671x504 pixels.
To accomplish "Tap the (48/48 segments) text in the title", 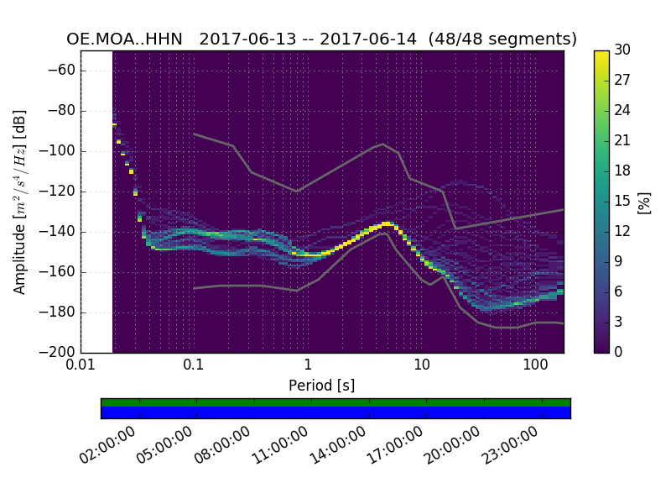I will pyautogui.click(x=502, y=39).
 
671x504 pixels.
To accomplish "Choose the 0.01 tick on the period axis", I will pyautogui.click(x=81, y=366).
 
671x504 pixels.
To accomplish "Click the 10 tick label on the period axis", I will pyautogui.click(x=421, y=366).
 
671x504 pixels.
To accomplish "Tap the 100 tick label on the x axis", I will pyautogui.click(x=534, y=366).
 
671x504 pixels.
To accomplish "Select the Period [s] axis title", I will pyautogui.click(x=321, y=386).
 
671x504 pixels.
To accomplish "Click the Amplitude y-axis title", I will pyautogui.click(x=20, y=202).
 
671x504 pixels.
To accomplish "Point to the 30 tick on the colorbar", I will pyautogui.click(x=622, y=50).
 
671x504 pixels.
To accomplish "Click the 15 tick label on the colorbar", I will pyautogui.click(x=622, y=201).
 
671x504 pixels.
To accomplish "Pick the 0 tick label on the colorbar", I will pyautogui.click(x=618, y=352).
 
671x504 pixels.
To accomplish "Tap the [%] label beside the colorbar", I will pyautogui.click(x=644, y=202).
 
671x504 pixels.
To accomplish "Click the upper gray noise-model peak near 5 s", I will pyautogui.click(x=383, y=144).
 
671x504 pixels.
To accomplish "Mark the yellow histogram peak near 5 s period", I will pyautogui.click(x=385, y=223).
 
